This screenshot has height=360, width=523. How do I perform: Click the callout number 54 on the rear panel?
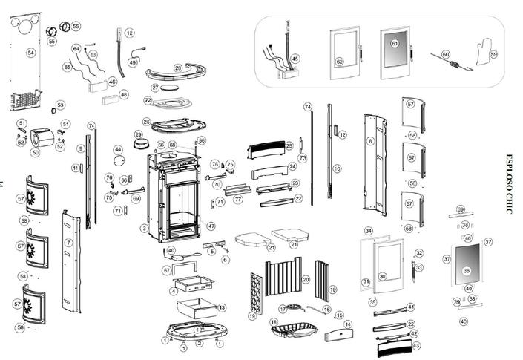point(30,53)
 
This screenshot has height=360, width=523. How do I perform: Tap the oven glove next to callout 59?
point(484,53)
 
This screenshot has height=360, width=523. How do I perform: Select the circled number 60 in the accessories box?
point(445,54)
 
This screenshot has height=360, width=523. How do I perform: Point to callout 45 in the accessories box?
point(295,58)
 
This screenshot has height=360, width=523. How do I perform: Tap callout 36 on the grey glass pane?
point(467,270)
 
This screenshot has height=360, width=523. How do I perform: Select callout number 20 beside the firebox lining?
point(305,279)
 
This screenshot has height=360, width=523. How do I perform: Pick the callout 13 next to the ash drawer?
point(222,307)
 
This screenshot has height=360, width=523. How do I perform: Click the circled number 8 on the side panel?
point(369,140)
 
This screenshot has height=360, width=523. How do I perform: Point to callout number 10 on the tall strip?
point(337,169)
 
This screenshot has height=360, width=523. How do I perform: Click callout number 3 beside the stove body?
point(145,229)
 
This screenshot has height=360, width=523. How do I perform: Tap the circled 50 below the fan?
point(35,152)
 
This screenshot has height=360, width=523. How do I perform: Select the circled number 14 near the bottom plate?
point(348,324)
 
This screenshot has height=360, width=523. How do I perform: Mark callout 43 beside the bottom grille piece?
point(415,345)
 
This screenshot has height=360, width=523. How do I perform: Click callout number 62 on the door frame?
point(339,62)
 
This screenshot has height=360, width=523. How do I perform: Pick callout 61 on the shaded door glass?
point(395,44)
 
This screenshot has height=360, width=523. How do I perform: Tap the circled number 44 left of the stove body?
point(117,150)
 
